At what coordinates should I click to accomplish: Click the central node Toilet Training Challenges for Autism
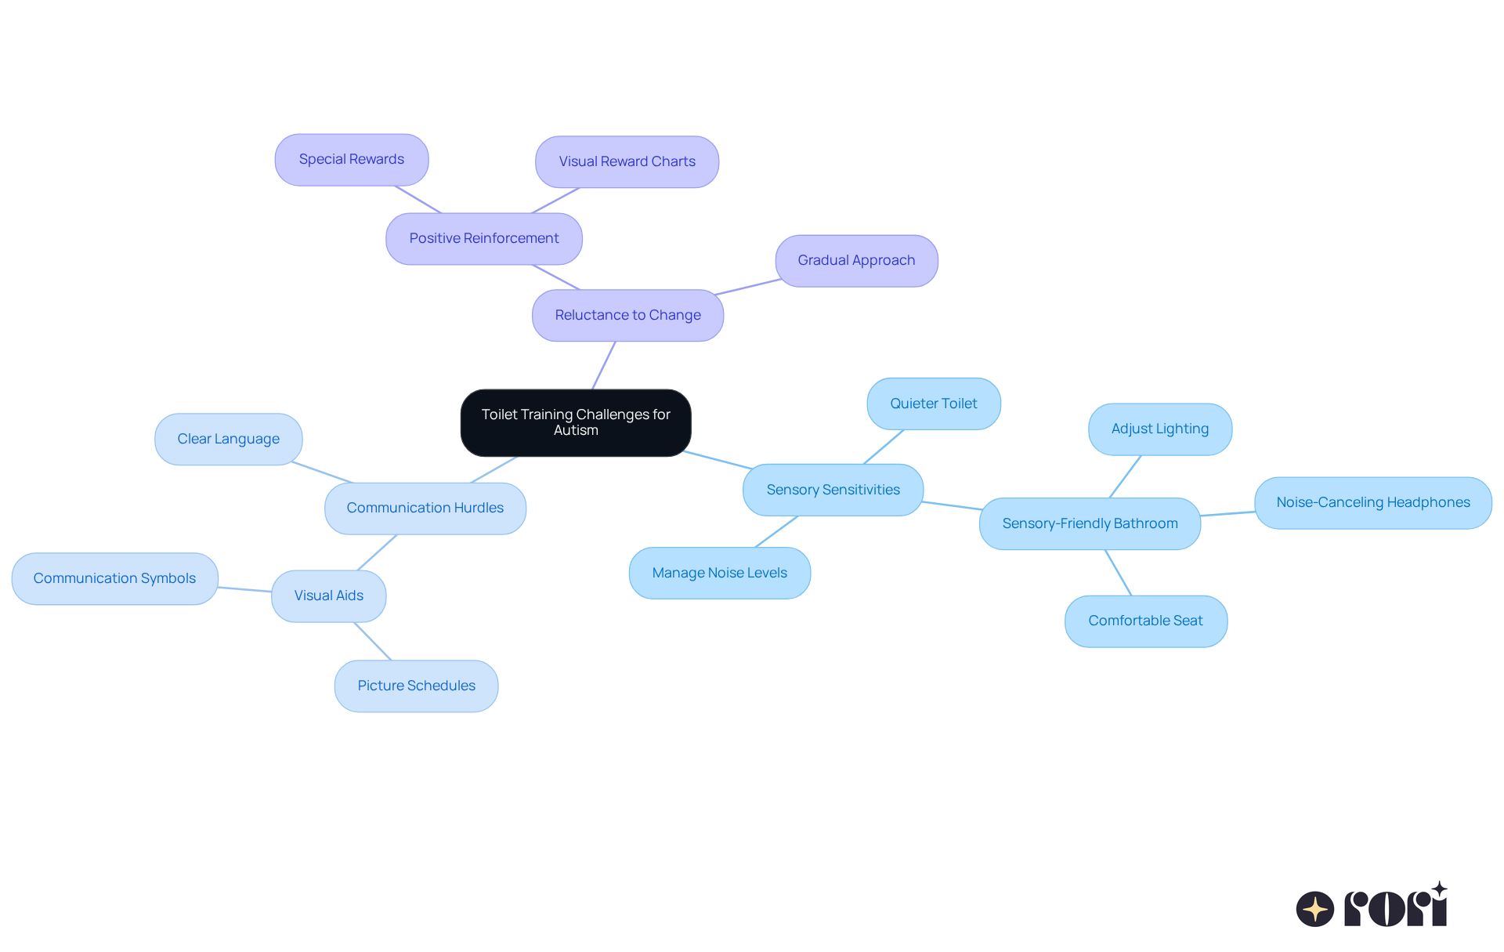click(576, 422)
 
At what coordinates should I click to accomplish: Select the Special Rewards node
click(352, 160)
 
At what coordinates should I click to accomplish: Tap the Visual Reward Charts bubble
click(627, 162)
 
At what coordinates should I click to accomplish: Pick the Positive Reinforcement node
click(484, 239)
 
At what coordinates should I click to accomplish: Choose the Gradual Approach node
click(856, 261)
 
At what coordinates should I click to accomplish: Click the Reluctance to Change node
click(627, 316)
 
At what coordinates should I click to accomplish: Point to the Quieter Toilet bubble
click(933, 404)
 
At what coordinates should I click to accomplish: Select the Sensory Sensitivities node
click(833, 490)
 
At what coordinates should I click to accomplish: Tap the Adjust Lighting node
click(1159, 429)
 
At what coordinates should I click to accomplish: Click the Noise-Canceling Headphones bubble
click(1372, 503)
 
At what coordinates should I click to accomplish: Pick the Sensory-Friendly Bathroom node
click(1090, 524)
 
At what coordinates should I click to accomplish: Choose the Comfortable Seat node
click(1145, 621)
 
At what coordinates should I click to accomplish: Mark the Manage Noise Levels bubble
click(719, 574)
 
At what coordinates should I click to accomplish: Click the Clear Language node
click(228, 440)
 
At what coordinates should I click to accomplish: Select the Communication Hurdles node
click(425, 509)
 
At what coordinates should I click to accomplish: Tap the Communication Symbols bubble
click(114, 579)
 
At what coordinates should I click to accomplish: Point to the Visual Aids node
click(328, 596)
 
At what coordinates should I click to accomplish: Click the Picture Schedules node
click(416, 686)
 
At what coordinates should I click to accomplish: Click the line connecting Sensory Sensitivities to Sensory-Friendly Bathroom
click(952, 505)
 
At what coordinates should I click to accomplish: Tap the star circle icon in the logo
click(1314, 909)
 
